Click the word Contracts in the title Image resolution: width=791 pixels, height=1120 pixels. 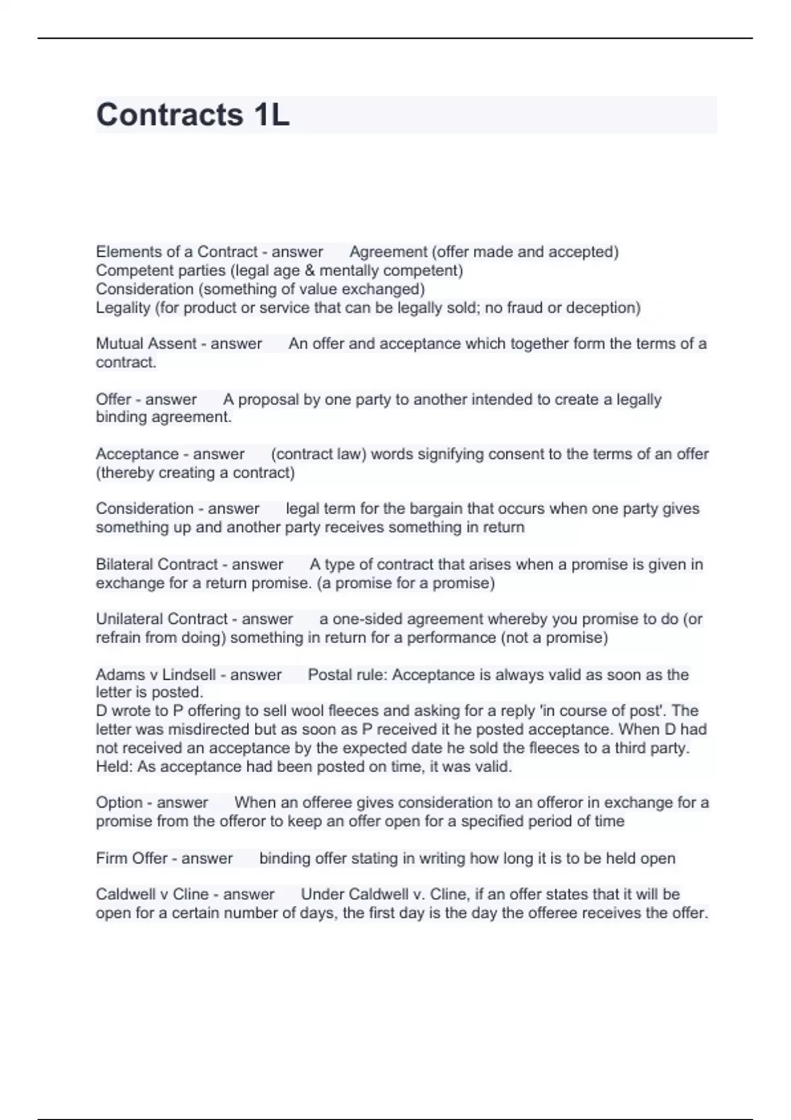click(169, 115)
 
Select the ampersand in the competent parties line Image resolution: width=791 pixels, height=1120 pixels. click(310, 270)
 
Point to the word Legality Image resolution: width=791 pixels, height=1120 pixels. click(123, 308)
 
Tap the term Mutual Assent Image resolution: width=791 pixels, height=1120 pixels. click(146, 343)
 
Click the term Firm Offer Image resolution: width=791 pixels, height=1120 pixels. click(131, 858)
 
